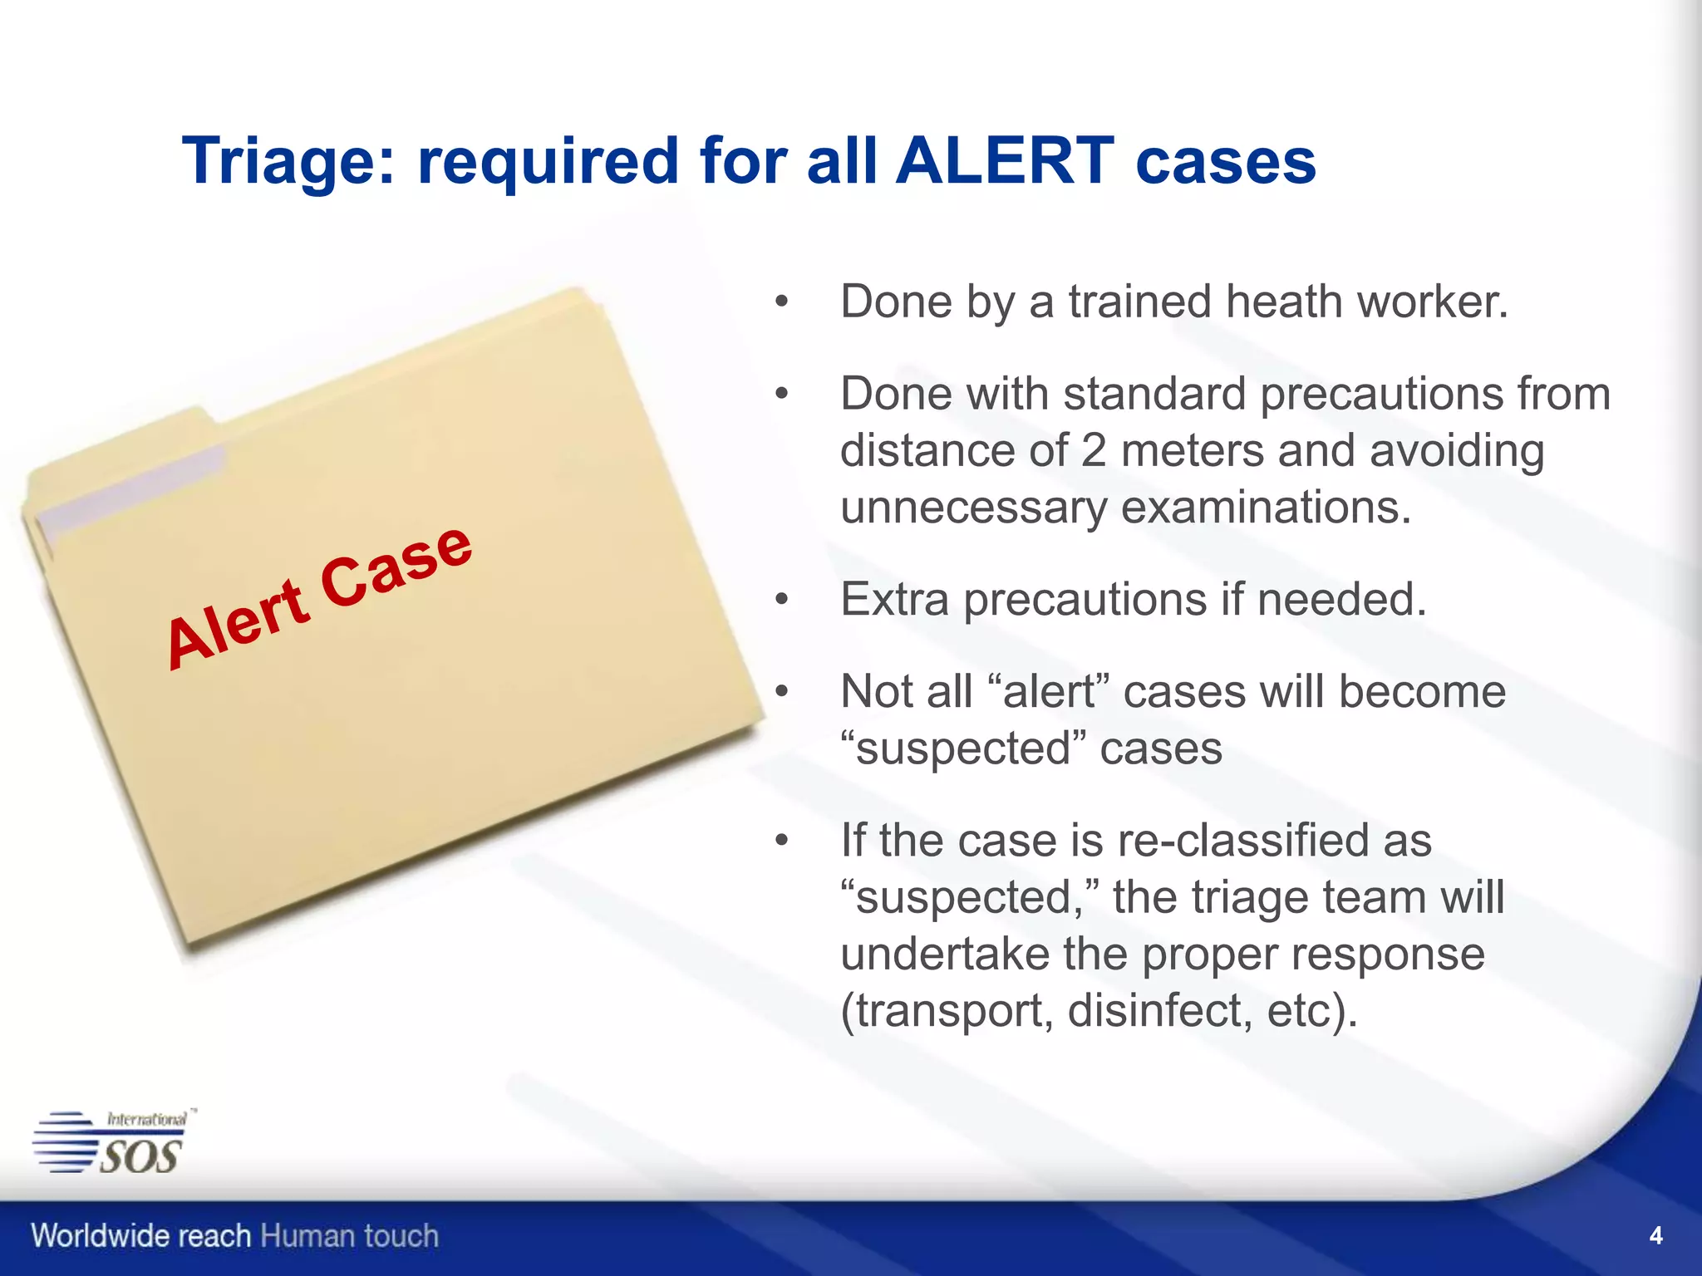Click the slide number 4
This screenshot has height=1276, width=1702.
coord(1655,1236)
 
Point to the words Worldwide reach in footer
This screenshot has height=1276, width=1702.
coord(140,1236)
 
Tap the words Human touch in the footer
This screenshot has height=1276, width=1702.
coord(349,1236)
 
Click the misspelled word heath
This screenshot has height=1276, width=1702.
coord(1284,302)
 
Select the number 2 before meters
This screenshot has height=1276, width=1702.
coord(1093,451)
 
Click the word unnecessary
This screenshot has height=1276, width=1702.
coord(972,509)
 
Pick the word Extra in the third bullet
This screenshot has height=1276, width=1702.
coord(894,599)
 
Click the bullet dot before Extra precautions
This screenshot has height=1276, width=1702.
coord(780,600)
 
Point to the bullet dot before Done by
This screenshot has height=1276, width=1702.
coord(780,302)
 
